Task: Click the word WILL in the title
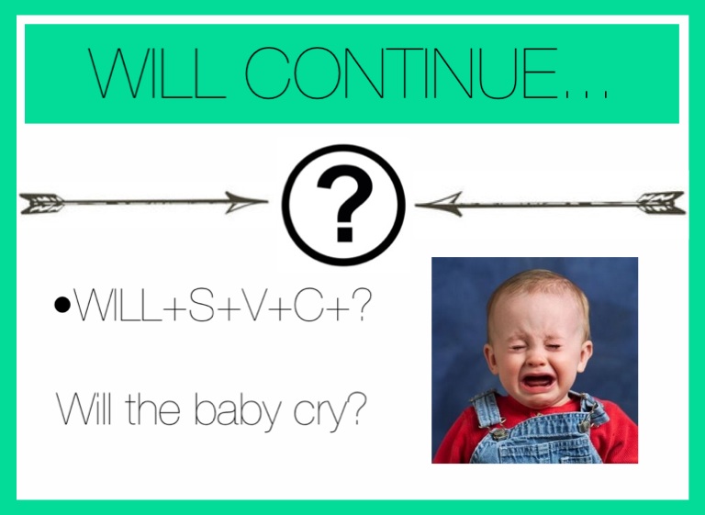point(156,73)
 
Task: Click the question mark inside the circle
point(344,203)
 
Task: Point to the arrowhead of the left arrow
point(246,202)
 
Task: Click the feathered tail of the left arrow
point(42,203)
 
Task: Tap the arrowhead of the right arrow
point(439,205)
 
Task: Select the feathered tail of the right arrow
point(662,203)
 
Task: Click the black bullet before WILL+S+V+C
point(62,305)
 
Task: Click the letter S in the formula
point(201,304)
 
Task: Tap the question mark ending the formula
point(361,304)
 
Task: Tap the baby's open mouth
point(537,381)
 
